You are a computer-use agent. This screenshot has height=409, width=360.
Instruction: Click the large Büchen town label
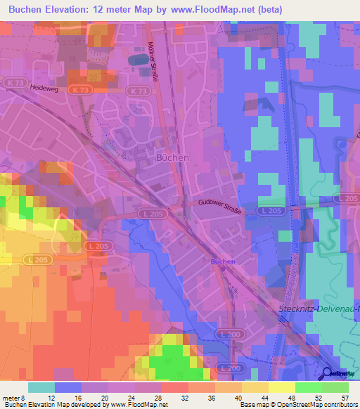pyautogui.click(x=172, y=158)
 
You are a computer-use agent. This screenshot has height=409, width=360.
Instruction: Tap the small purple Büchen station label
pyautogui.click(x=223, y=261)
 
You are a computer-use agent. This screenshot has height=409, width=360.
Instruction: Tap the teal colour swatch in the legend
pyautogui.click(x=41, y=387)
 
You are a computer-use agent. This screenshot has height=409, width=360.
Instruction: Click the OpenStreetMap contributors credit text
pyautogui.click(x=310, y=405)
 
